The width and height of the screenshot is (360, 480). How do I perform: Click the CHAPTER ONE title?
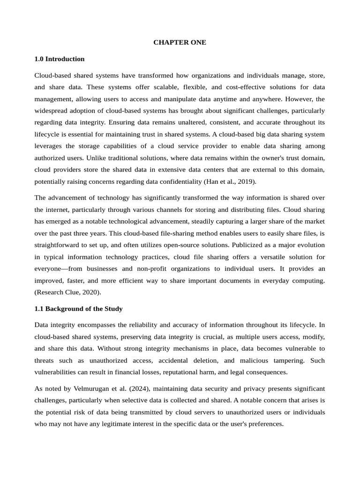coord(180,42)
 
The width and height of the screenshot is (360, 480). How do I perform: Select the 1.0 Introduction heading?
coord(60,59)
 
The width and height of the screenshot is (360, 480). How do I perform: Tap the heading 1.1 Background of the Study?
coord(79,309)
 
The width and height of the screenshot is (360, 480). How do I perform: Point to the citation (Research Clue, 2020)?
coord(67,292)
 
